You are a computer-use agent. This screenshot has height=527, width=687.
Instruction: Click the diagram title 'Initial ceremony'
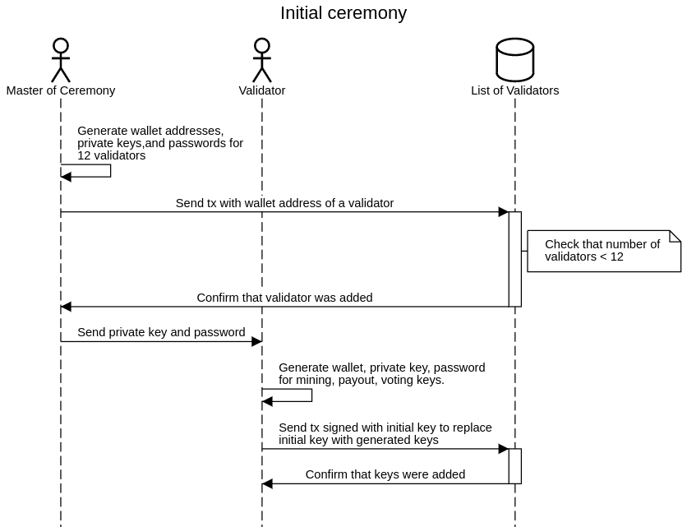coord(343,13)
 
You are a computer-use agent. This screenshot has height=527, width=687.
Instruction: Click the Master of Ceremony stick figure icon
coord(61,60)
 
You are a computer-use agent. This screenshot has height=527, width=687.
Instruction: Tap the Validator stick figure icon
coord(262,60)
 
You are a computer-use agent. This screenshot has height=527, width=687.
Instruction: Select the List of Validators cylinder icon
coord(515,59)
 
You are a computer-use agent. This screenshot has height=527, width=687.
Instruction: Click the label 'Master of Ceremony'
coord(61,90)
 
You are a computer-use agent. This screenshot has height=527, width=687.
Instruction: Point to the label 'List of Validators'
coord(515,90)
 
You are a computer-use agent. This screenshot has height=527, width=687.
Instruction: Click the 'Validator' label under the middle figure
coord(262,90)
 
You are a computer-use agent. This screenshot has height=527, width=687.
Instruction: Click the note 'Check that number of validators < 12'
coord(604,251)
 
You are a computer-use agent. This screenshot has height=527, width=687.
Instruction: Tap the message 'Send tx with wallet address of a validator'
coord(284,203)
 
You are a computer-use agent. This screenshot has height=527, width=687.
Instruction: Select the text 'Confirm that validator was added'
coord(284,298)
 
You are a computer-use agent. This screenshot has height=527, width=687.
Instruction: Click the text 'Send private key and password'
coord(161,332)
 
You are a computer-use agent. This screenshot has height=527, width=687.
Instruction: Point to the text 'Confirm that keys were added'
coord(385,474)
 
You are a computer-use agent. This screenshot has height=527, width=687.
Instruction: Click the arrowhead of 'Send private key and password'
coord(256,341)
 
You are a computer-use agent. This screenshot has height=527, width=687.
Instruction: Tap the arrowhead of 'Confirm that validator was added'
coord(67,307)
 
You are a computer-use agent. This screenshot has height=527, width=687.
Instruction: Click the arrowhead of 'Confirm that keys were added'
coord(268,483)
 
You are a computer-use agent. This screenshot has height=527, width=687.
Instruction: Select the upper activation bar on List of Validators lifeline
coord(515,259)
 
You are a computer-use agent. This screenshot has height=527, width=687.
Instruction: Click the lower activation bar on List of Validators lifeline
coord(515,466)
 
